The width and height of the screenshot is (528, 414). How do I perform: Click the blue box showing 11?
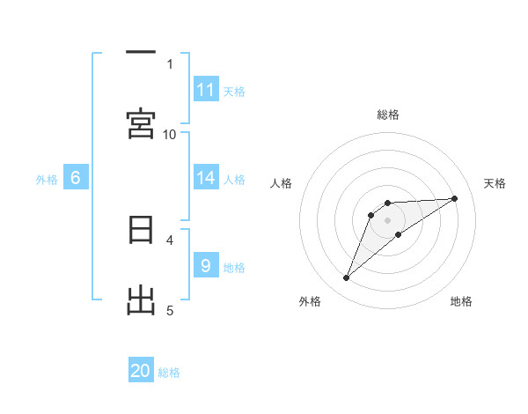point(206,90)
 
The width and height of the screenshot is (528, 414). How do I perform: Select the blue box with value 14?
point(206,178)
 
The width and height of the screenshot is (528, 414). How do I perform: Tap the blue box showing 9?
point(206,266)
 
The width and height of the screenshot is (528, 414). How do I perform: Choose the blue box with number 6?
point(76,178)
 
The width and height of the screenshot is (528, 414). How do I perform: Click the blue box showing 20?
point(141,371)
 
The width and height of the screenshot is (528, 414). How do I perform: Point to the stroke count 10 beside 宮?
point(170,134)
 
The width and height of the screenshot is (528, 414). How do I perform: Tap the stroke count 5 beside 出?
point(170,310)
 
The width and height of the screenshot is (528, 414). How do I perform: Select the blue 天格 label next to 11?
point(234,91)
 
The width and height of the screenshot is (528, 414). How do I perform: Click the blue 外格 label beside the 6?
point(47,179)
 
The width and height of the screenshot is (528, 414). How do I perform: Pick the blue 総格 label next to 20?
point(169,372)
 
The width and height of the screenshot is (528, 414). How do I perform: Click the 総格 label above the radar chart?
point(387,115)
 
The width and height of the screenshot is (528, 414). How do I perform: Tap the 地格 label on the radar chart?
point(461,301)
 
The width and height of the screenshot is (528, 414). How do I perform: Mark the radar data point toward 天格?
point(455,198)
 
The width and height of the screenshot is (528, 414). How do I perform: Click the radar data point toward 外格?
point(346,278)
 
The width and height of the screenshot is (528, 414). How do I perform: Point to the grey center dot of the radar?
point(387,219)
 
